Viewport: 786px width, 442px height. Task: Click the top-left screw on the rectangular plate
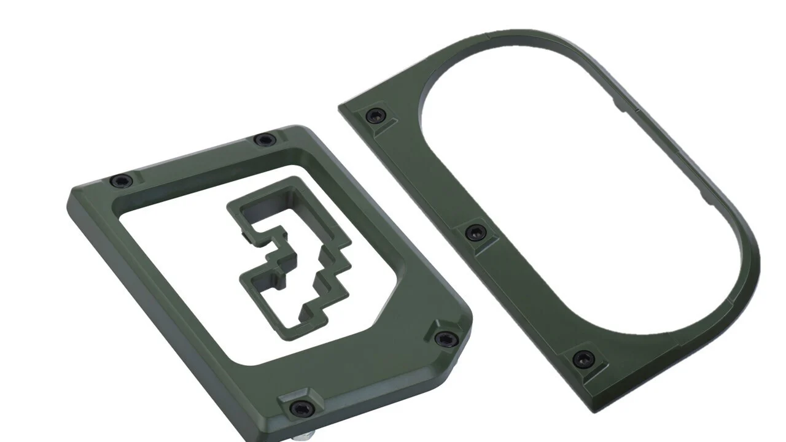(x=121, y=181)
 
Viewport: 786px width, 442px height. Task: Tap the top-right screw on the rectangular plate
(x=265, y=140)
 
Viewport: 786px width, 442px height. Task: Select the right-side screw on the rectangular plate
(x=446, y=338)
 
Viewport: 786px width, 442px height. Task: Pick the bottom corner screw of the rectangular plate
(x=301, y=408)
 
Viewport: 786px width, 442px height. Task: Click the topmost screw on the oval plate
(x=375, y=115)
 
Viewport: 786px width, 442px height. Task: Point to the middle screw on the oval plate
(x=475, y=233)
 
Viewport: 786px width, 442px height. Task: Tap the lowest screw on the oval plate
(x=583, y=359)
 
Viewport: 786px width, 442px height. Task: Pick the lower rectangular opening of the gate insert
(x=279, y=301)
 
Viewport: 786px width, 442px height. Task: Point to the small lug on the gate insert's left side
(x=245, y=234)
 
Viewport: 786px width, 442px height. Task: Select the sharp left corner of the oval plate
(x=341, y=109)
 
